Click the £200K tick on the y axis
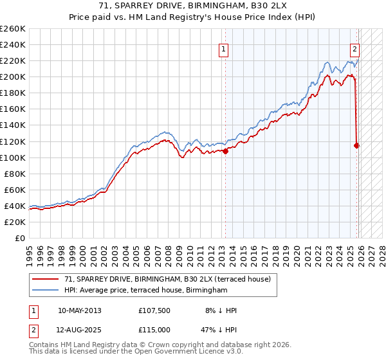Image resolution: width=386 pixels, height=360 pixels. pos(13,76)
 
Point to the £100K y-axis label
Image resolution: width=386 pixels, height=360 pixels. pos(13,157)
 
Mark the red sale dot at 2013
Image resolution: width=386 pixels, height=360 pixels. pos(225,151)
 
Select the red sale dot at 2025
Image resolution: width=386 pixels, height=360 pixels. pos(356,145)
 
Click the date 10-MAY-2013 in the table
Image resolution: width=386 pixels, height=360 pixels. pos(79,310)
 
